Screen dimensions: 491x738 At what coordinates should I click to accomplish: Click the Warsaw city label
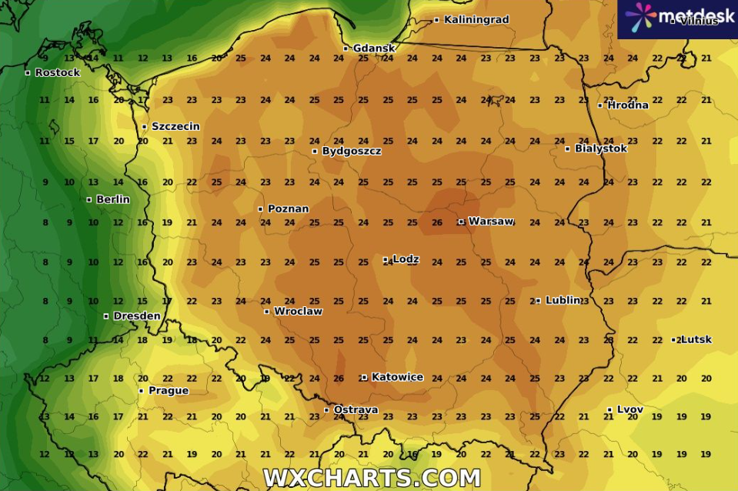pos(491,222)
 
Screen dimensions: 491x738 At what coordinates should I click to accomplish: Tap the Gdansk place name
pos(374,48)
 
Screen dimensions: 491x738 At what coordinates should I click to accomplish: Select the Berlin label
pos(112,199)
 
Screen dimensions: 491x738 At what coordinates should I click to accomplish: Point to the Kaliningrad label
pos(476,20)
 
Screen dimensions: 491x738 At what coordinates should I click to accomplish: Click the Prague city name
pos(168,391)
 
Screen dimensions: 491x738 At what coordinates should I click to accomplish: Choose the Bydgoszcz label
pos(351,151)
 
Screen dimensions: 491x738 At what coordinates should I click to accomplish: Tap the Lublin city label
pos(563,300)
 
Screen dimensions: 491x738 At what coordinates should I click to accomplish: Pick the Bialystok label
pos(601,149)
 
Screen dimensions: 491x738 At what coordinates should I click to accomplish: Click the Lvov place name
pos(629,409)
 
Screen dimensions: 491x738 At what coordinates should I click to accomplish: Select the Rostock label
pos(57,73)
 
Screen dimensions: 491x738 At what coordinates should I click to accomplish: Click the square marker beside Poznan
pos(261,209)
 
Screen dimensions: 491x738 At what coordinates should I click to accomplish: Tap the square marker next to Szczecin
pos(145,127)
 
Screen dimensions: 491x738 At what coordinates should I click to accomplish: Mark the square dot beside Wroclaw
pos(267,312)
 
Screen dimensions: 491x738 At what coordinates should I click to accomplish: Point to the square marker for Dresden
pos(106,316)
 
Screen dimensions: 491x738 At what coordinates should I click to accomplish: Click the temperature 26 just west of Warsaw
pos(436,223)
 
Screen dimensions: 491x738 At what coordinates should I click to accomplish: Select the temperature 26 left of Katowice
pos(339,379)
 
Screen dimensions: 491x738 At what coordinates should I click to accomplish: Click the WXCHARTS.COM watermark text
pos(372,478)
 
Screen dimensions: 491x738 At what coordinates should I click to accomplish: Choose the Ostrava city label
pos(355,410)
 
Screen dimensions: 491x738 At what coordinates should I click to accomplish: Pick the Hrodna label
pos(628,105)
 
